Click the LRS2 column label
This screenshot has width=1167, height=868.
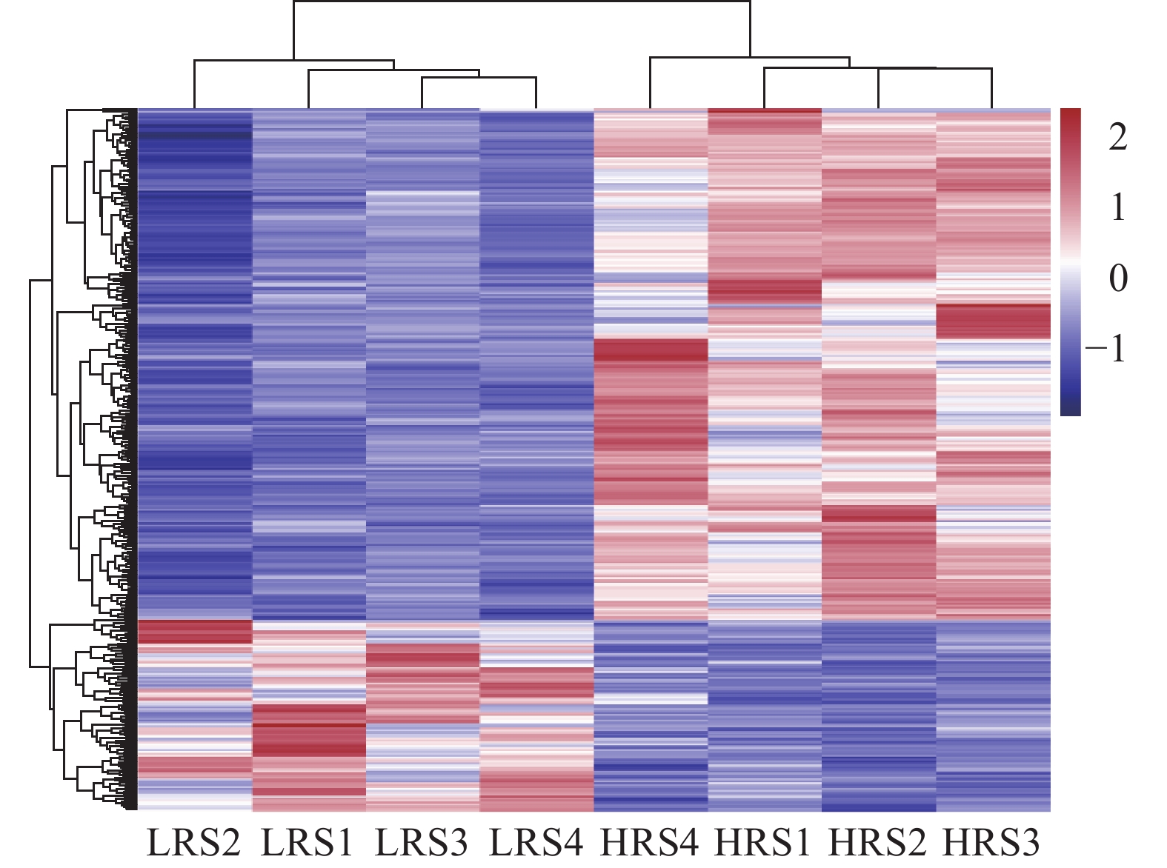click(x=194, y=843)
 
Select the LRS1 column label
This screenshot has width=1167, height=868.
click(x=308, y=843)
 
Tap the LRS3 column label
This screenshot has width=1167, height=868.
click(x=422, y=843)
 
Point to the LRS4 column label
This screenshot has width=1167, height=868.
click(x=536, y=843)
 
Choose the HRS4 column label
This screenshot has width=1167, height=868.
click(x=650, y=843)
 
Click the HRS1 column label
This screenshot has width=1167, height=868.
click(x=764, y=843)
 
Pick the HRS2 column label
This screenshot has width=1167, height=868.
click(x=878, y=843)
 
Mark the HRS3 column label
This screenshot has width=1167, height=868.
click(x=992, y=843)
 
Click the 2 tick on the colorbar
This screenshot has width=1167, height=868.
click(x=1117, y=137)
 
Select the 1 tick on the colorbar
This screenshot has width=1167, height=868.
click(x=1117, y=207)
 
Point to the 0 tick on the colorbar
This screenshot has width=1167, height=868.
click(x=1117, y=278)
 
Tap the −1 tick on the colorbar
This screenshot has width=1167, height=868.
click(x=1107, y=348)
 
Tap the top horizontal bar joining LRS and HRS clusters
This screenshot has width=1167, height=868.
click(x=522, y=2)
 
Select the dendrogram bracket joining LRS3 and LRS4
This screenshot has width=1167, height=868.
click(x=479, y=78)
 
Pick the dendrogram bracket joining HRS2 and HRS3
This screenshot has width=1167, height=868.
click(x=935, y=69)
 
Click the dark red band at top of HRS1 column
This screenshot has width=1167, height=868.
click(x=765, y=113)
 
